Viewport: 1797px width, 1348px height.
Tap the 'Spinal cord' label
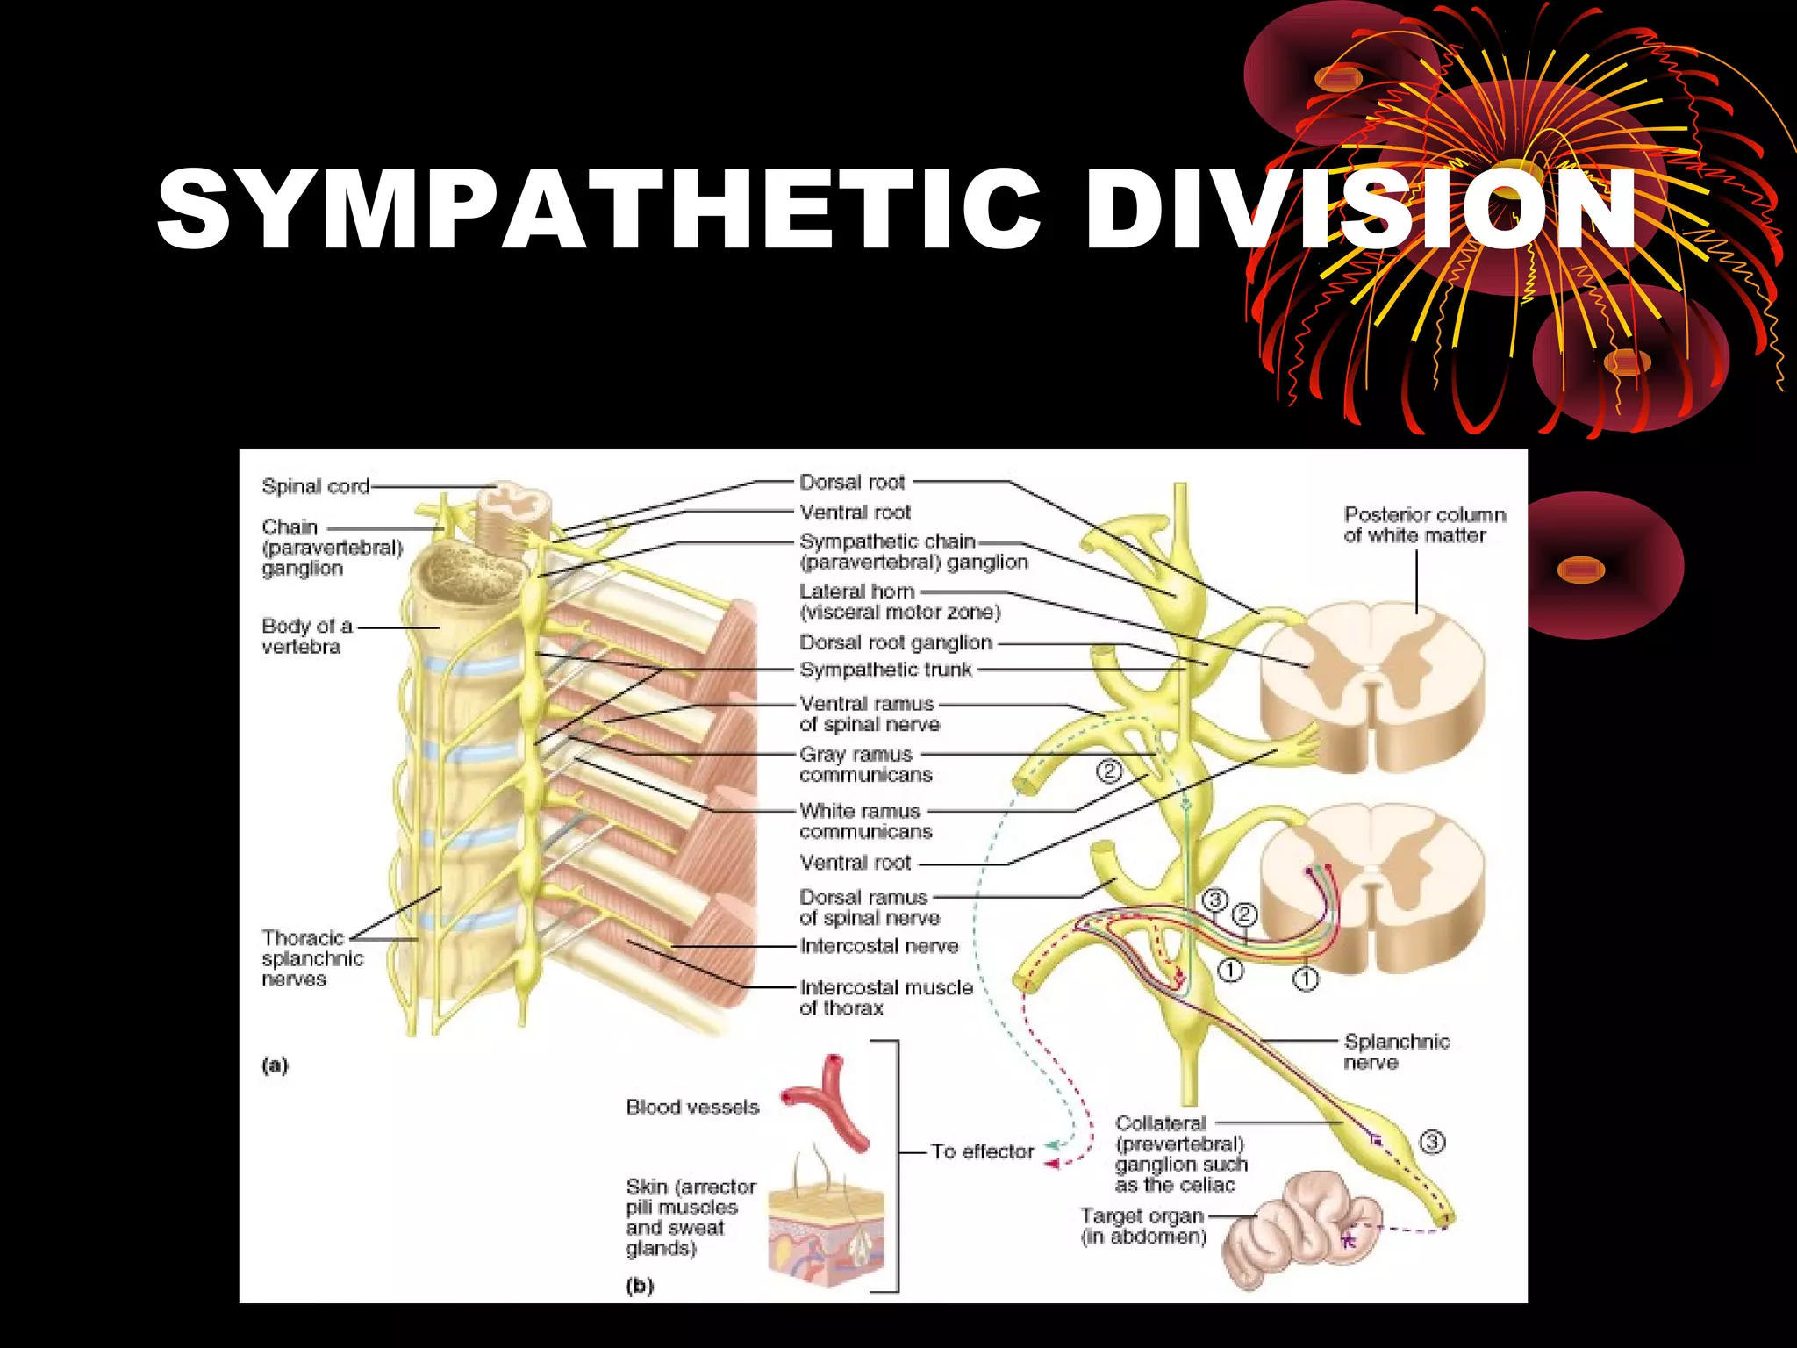coord(315,486)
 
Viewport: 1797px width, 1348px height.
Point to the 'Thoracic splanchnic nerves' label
coord(311,958)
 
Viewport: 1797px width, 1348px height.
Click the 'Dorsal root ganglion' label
coord(895,643)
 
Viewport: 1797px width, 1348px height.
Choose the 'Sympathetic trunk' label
coord(885,670)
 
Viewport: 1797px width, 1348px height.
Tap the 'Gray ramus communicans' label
coord(864,764)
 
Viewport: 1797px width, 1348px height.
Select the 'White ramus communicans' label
coord(864,821)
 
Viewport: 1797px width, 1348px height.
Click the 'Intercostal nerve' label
coord(878,946)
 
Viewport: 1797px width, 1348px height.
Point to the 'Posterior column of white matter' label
coord(1424,525)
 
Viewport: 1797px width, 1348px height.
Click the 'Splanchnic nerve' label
coord(1396,1051)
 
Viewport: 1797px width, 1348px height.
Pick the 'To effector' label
coord(982,1151)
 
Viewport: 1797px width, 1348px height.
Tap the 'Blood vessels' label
coord(692,1108)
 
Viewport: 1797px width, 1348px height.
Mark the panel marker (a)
coord(275,1065)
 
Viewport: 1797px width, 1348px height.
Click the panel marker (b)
coord(639,1286)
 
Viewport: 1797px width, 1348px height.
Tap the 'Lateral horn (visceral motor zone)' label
coord(898,602)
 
